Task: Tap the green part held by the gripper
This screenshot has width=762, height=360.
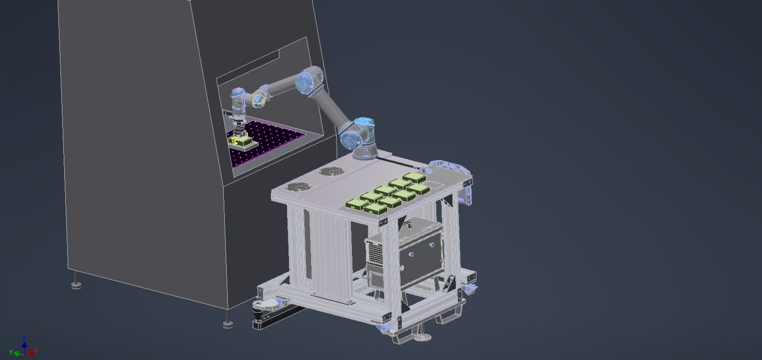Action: pos(244,140)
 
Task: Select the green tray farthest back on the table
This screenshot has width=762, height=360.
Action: pos(414,178)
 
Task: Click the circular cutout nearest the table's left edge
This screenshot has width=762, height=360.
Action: pos(298,187)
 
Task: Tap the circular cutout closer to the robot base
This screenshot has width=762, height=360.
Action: pos(331,171)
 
